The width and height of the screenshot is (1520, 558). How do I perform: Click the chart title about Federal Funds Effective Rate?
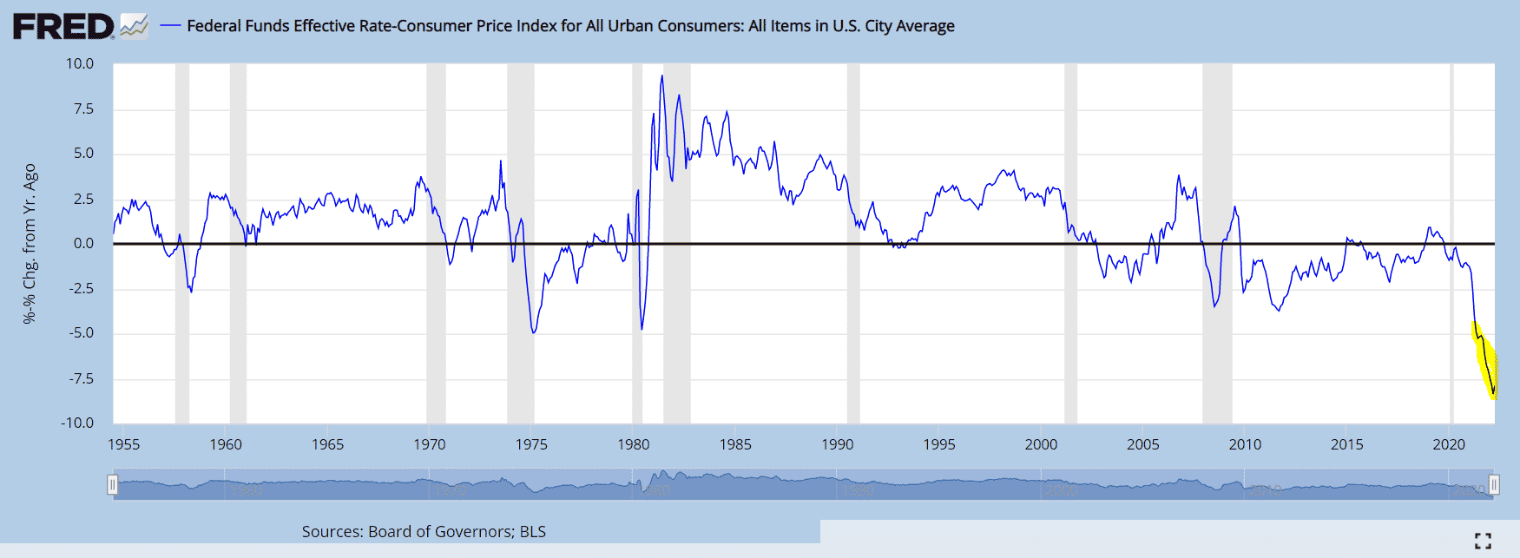[x=570, y=26]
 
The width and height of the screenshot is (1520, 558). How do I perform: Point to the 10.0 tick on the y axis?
[x=80, y=63]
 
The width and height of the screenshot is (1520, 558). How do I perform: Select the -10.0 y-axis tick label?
[x=77, y=423]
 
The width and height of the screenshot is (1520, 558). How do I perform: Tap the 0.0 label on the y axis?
[x=83, y=243]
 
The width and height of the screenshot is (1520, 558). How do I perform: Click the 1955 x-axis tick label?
[x=123, y=444]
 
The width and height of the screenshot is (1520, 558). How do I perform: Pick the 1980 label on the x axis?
[x=633, y=444]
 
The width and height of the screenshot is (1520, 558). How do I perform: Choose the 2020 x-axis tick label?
[x=1448, y=444]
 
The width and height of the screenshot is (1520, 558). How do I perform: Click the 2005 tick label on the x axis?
[x=1142, y=444]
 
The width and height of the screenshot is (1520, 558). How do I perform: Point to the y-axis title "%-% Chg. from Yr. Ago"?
[x=30, y=243]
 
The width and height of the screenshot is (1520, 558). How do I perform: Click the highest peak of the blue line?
[x=661, y=76]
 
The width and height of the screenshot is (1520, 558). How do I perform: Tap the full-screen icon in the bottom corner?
[x=1483, y=541]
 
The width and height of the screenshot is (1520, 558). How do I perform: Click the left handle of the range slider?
[x=112, y=483]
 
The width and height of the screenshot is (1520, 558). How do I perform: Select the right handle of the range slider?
[x=1494, y=483]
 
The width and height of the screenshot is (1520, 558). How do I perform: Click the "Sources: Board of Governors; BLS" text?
[x=424, y=531]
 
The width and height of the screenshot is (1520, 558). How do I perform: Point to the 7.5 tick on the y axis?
[x=83, y=108]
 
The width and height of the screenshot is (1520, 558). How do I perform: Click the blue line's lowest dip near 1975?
[x=533, y=332]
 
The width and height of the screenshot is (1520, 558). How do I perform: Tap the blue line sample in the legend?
[x=170, y=26]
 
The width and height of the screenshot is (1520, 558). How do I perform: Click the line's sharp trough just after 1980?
[x=642, y=328]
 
